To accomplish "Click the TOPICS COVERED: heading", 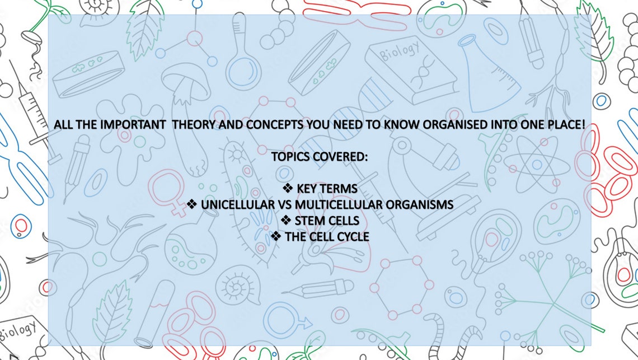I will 320,157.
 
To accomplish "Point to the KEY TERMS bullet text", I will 327,188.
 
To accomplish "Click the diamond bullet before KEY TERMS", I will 288,188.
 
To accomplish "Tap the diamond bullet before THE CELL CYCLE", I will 275,237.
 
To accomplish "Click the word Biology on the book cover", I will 399,54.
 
